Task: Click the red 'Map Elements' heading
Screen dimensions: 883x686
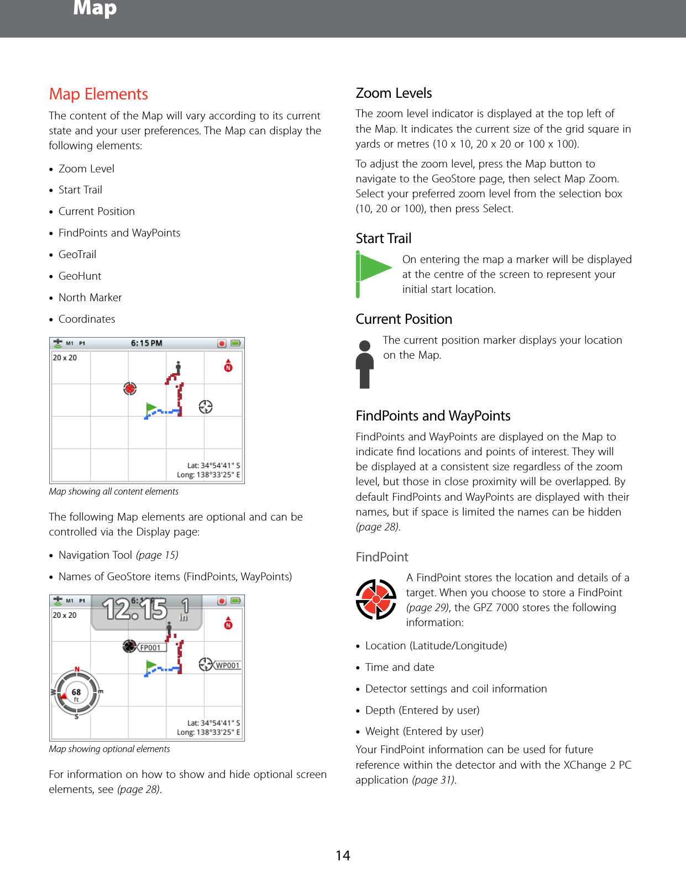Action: (98, 94)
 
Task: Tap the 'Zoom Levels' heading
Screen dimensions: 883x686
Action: (394, 93)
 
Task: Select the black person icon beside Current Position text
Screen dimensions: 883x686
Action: (364, 364)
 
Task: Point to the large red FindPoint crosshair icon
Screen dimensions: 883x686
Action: (376, 599)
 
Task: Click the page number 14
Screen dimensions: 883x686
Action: (343, 855)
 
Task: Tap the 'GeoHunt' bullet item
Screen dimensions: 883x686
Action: (80, 276)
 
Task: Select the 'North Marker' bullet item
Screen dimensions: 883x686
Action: (90, 297)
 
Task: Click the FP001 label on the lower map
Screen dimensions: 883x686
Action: (150, 648)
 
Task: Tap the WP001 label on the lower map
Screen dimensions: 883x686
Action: (227, 665)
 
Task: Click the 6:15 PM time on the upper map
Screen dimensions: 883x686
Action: (146, 343)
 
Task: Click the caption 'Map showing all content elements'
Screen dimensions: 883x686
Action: (113, 491)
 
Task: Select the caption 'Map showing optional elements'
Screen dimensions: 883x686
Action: (109, 749)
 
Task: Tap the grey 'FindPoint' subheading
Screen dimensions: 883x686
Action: (381, 557)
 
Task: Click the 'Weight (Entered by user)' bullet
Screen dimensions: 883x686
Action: (424, 731)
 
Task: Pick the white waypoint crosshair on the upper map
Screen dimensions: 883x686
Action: (206, 407)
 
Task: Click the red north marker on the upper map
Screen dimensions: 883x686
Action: (228, 366)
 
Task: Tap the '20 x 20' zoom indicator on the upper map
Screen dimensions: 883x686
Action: (65, 358)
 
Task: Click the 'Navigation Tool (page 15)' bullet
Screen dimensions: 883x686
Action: (118, 555)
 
